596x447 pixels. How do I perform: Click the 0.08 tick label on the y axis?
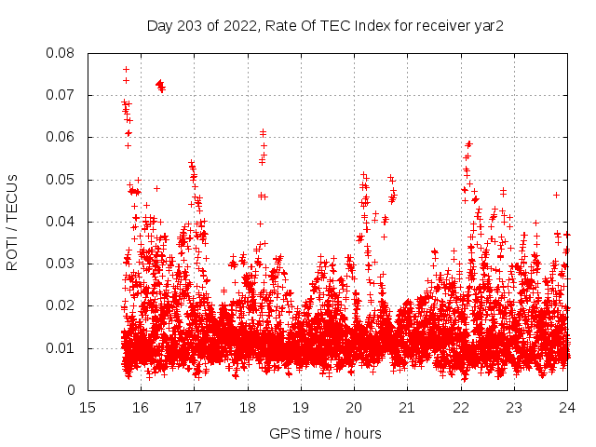click(61, 53)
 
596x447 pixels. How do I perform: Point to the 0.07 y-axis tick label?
click(61, 95)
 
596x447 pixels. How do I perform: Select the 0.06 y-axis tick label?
click(61, 137)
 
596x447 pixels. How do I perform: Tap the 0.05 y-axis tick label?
click(61, 180)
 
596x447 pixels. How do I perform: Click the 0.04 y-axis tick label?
click(61, 222)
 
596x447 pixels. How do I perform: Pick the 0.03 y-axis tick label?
click(61, 264)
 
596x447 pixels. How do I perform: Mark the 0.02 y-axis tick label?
click(61, 305)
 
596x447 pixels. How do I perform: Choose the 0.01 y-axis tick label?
click(61, 348)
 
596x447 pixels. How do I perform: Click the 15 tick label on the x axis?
click(88, 408)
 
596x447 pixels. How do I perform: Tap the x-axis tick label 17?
click(194, 408)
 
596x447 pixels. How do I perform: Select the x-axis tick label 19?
click(301, 408)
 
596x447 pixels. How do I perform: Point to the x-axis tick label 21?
click(407, 408)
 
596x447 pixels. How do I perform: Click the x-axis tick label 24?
click(567, 408)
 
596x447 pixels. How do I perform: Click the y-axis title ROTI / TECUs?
click(13, 222)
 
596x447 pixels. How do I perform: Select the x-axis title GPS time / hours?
click(325, 434)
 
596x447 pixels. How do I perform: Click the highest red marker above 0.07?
click(126, 70)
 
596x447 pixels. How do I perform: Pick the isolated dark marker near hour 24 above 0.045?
click(556, 195)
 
